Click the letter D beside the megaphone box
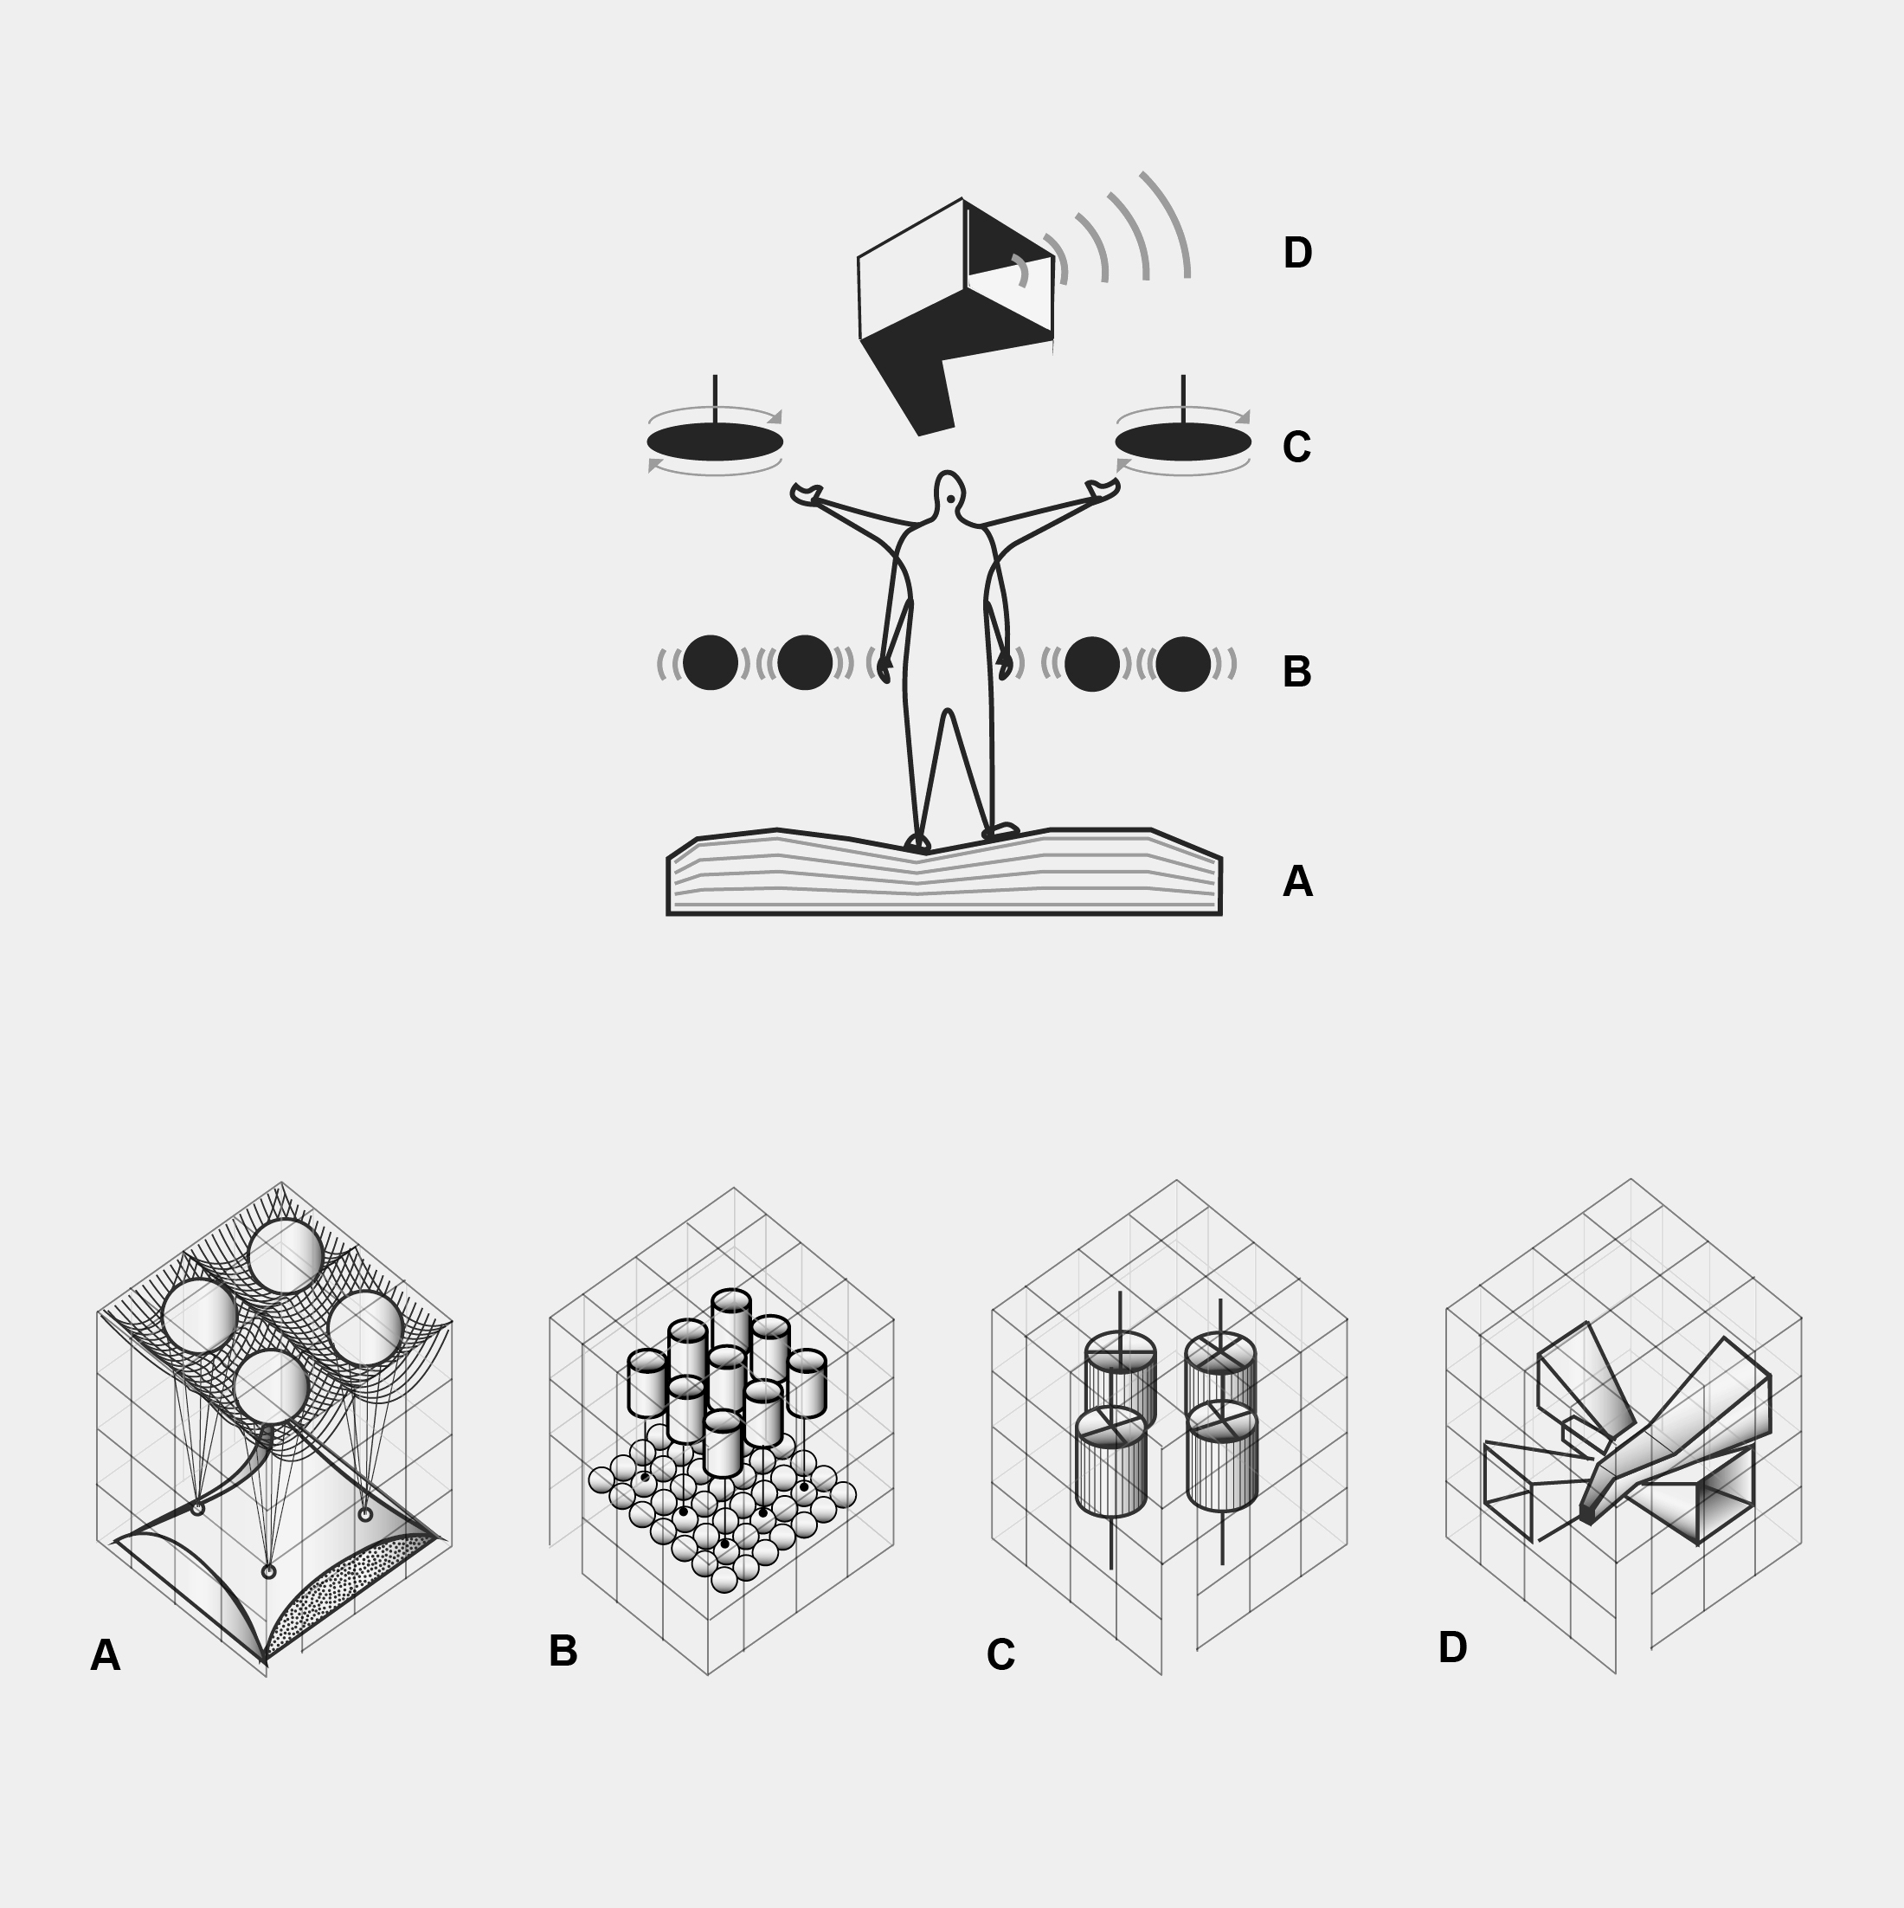pos(1296,253)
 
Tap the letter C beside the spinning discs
pos(1296,448)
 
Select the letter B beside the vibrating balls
pos(1296,672)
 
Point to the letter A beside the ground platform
pos(1297,881)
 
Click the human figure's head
pos(949,493)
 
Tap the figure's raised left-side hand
pos(807,493)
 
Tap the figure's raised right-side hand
pos(1102,490)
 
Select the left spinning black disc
pos(715,442)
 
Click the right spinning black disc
pos(1183,442)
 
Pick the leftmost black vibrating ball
pos(710,662)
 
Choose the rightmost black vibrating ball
pos(1183,664)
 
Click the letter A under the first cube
pos(106,1655)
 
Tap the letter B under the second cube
pos(563,1650)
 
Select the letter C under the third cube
pos(1000,1655)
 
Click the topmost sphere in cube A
pos(286,1256)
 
